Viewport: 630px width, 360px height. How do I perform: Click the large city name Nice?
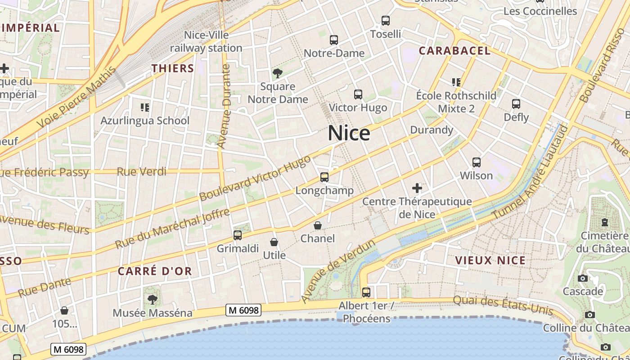click(349, 133)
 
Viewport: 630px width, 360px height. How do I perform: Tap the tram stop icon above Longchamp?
click(324, 177)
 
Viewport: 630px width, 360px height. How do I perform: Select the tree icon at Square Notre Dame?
click(278, 73)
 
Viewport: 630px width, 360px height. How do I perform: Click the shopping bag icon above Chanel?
click(318, 225)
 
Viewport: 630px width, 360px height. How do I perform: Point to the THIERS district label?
click(173, 68)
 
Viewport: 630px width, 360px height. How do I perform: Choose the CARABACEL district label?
click(454, 51)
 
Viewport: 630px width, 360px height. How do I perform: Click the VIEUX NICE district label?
click(490, 260)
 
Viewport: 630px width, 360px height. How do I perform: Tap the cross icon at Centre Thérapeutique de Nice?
click(417, 188)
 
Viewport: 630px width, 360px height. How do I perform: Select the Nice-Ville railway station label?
click(206, 41)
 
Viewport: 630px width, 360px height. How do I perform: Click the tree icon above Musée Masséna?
click(153, 299)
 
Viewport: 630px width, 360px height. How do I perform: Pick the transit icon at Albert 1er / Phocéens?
click(366, 292)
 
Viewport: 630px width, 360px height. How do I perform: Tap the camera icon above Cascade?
click(583, 278)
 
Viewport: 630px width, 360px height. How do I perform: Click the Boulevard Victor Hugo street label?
click(255, 178)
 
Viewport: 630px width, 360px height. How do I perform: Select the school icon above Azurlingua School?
click(144, 107)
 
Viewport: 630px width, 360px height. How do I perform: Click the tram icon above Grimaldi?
click(238, 235)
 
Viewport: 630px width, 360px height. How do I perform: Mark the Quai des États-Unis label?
click(503, 305)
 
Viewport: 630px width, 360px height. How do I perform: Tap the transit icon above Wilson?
click(477, 162)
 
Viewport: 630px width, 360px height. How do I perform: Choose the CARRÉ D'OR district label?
click(155, 271)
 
